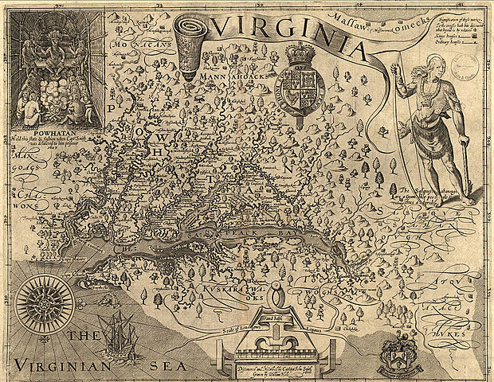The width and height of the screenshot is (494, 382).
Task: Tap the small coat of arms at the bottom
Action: (x=396, y=348)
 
